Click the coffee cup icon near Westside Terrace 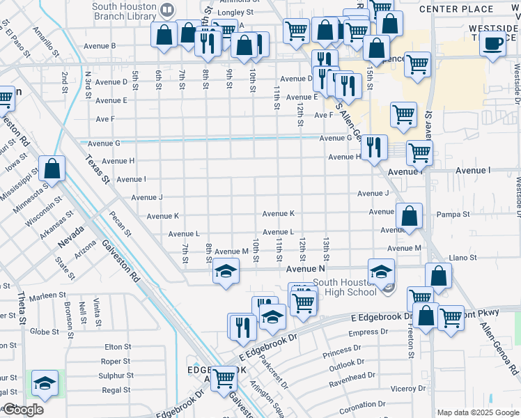(493, 44)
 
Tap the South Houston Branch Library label (125, 10)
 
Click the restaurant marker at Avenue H (374, 146)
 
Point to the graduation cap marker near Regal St (45, 383)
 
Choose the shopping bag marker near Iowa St (52, 168)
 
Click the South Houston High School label (345, 287)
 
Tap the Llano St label (463, 258)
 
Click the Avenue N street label (306, 268)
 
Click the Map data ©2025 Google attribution (477, 412)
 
